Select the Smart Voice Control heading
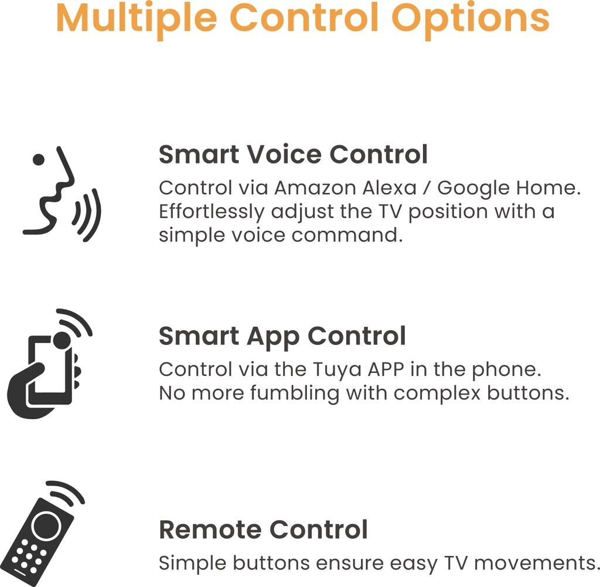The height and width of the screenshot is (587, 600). pyautogui.click(x=293, y=154)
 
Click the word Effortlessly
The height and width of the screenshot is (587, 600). pyautogui.click(x=212, y=212)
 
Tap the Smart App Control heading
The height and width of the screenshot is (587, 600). pyautogui.click(x=282, y=336)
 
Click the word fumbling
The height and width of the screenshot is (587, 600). pyautogui.click(x=295, y=393)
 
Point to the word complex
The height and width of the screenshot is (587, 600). pyautogui.click(x=437, y=394)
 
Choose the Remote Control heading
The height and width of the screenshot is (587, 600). pyautogui.click(x=263, y=530)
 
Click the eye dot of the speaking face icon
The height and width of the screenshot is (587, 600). pyautogui.click(x=38, y=160)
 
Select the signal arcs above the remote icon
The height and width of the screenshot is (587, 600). pyautogui.click(x=67, y=491)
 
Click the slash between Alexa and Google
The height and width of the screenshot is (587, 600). pyautogui.click(x=427, y=188)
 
